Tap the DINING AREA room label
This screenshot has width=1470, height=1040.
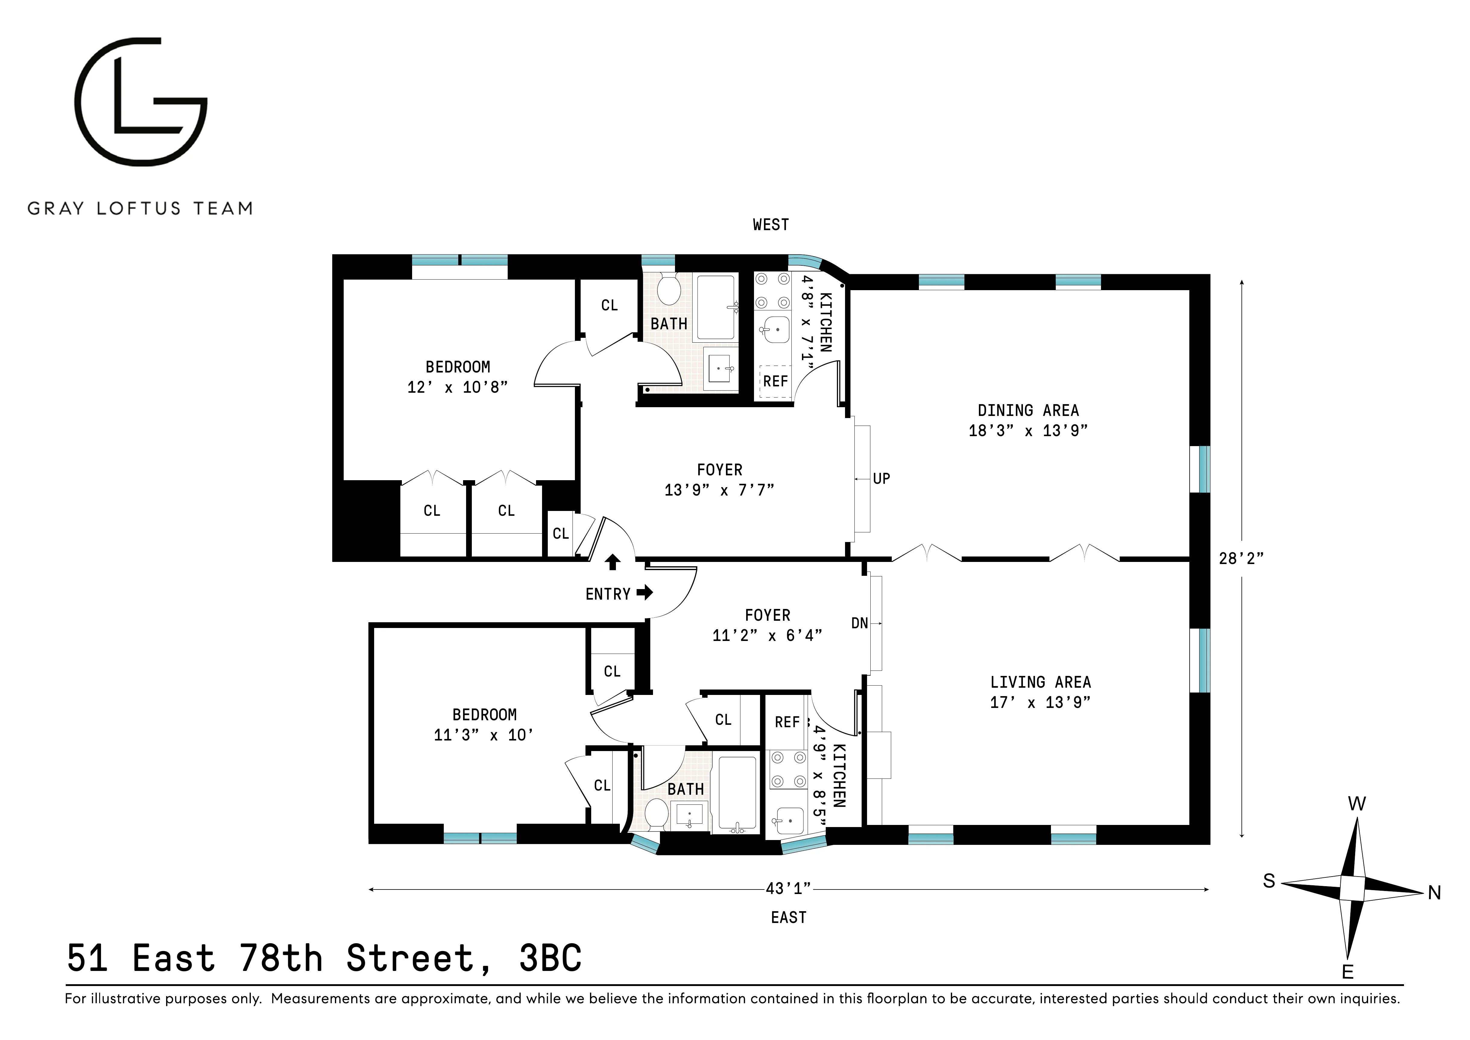pyautogui.click(x=1028, y=411)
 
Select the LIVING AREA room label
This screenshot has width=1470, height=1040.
pyautogui.click(x=1040, y=683)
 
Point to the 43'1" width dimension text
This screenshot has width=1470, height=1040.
pyautogui.click(x=788, y=889)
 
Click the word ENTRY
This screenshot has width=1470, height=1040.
pyautogui.click(x=607, y=594)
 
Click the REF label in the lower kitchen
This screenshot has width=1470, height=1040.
pyautogui.click(x=787, y=722)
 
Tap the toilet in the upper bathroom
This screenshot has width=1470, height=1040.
pyautogui.click(x=669, y=291)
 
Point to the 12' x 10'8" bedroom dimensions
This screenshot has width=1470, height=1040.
pyautogui.click(x=457, y=388)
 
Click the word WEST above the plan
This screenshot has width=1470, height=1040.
pyautogui.click(x=770, y=225)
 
